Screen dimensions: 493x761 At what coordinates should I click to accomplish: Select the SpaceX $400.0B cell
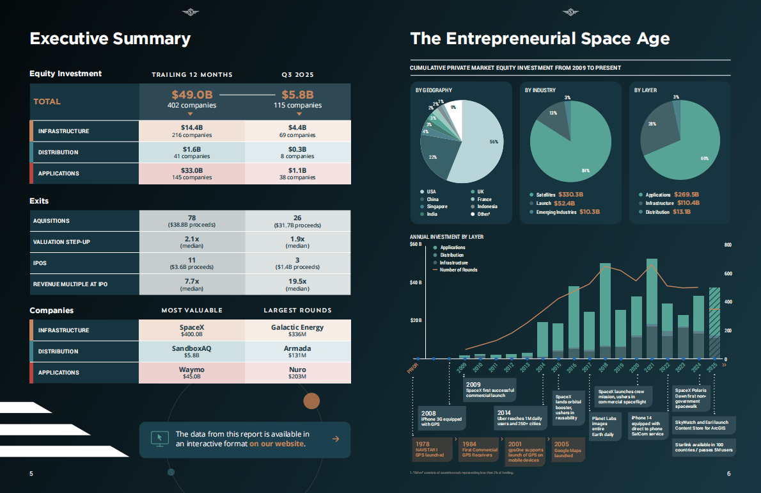pos(192,330)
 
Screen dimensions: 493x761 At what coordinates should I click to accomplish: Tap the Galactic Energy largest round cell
pos(297,330)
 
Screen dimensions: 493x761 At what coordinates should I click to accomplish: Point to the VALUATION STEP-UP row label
pos(61,242)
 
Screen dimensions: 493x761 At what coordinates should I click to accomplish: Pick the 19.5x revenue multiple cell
pos(297,284)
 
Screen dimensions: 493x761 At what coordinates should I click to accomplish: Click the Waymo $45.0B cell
pos(192,373)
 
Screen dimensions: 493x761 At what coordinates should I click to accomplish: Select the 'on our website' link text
pos(277,444)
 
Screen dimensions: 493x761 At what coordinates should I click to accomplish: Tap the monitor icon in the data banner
pos(157,439)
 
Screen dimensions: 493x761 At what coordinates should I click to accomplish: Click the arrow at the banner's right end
pos(336,439)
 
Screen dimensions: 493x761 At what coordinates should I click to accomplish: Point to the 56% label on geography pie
pos(494,142)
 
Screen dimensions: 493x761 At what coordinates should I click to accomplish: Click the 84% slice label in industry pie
pos(584,170)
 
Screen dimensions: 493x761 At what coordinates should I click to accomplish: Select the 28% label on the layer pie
pos(652,124)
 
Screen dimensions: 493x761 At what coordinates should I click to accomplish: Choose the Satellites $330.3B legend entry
pos(556,195)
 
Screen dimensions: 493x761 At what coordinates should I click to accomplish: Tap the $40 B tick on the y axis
pos(416,283)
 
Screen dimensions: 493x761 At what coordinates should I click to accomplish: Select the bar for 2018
pos(604,311)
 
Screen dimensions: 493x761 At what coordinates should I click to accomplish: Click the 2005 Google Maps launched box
pos(568,449)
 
